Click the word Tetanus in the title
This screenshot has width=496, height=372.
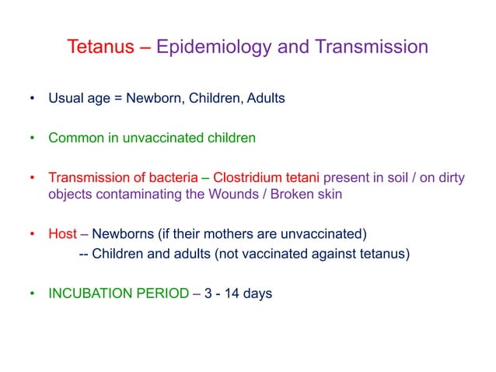[x=100, y=47]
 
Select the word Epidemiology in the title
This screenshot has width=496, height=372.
[x=214, y=47]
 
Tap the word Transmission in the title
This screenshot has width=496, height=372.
[x=372, y=47]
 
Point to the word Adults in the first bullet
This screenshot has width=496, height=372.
[x=266, y=98]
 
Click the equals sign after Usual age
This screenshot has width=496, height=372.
[x=118, y=99]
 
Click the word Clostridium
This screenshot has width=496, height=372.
[x=247, y=177]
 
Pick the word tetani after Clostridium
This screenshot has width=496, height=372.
[x=302, y=177]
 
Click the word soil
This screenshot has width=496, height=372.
[x=397, y=177]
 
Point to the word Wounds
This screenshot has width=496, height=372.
[x=233, y=194]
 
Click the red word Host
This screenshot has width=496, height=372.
[x=63, y=234]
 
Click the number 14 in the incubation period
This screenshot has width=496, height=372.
[x=232, y=293]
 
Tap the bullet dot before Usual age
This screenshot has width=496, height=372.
[x=32, y=98]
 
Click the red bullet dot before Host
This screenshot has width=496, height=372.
[x=32, y=234]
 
